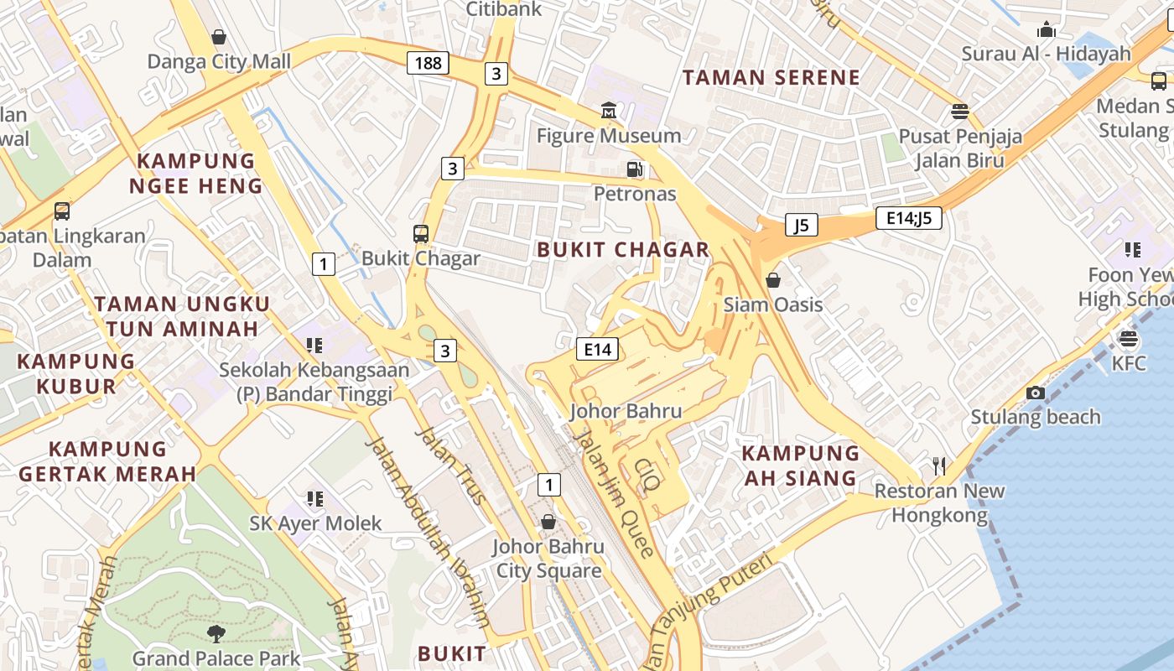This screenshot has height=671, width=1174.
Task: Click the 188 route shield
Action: [428, 63]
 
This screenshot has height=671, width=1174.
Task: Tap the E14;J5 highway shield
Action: [908, 219]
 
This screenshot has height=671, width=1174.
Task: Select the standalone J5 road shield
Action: [801, 225]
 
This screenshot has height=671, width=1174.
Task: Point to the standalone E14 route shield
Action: [597, 349]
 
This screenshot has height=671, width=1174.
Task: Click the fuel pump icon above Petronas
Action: [635, 169]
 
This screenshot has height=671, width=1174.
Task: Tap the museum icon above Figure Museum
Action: [608, 111]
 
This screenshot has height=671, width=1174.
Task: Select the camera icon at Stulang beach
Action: [1035, 393]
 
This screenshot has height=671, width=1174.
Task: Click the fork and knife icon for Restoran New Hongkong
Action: [939, 466]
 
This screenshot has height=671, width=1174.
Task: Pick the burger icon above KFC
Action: [1129, 339]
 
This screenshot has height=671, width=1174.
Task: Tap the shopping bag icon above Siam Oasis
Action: [773, 280]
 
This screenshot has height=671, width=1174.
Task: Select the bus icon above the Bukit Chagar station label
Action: [421, 234]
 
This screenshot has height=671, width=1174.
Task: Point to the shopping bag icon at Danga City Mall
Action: [219, 37]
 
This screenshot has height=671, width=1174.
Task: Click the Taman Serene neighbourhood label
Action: [771, 78]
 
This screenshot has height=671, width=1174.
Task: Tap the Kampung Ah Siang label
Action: [800, 466]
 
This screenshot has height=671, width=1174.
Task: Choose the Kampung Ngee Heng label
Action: [195, 174]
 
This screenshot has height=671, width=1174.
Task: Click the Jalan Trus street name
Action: [451, 466]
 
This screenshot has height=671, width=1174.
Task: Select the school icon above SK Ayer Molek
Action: [315, 499]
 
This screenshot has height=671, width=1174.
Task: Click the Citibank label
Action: [504, 9]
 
